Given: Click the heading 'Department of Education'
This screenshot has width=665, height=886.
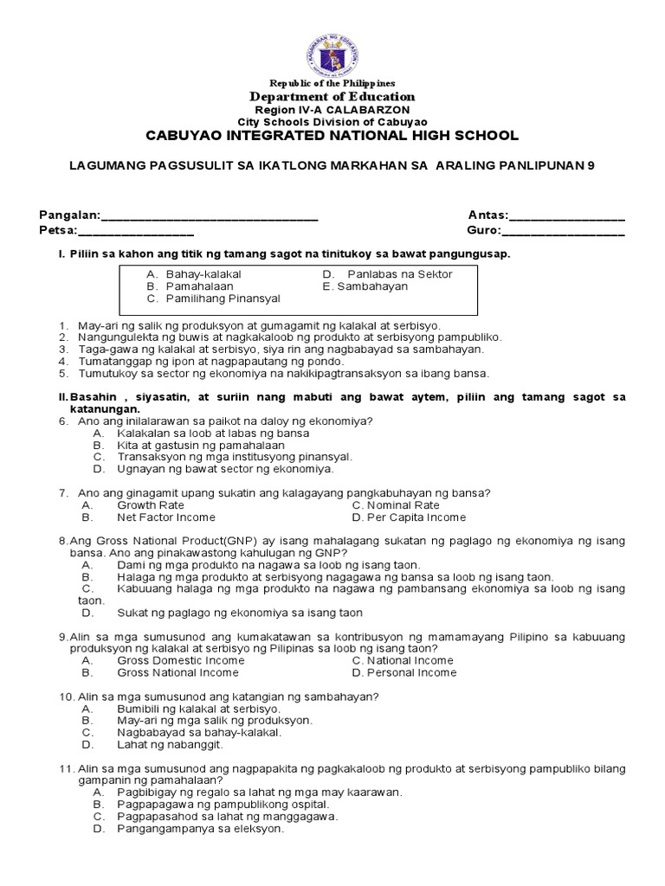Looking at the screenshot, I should point(332,97).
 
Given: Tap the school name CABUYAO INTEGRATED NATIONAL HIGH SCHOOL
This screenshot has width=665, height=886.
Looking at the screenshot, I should point(332,136).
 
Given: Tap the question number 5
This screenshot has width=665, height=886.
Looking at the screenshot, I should point(62,374).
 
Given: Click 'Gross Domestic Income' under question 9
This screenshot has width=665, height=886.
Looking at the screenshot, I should point(180,660).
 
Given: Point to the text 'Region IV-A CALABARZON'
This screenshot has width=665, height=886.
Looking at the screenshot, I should point(332,111).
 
